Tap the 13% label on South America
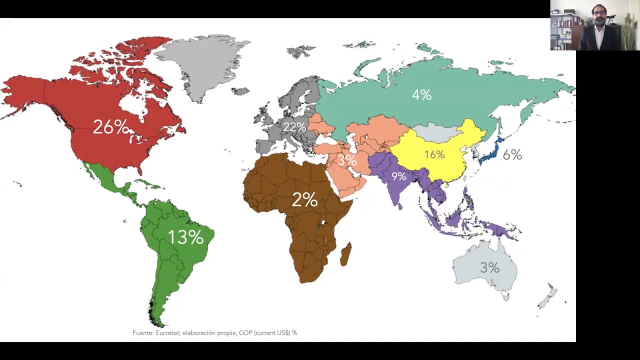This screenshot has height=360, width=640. coord(185,237)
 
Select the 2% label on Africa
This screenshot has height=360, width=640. coord(304,200)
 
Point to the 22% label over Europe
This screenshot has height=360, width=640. coord(294,127)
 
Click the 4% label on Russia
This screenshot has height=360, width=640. coord(421,94)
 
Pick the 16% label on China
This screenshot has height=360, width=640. coord(434,154)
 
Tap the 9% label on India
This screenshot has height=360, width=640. coord(398,176)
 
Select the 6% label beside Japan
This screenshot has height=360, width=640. coord(512,155)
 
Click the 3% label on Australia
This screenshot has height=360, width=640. coord(489,268)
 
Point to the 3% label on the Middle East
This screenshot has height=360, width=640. coord(347,160)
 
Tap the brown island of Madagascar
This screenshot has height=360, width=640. coord(345,254)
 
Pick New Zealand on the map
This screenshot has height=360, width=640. coord(548,296)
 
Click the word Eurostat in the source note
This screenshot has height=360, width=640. coord(168,332)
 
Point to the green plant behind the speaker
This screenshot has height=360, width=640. coord(629,30)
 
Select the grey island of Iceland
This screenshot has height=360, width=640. coord(240,91)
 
